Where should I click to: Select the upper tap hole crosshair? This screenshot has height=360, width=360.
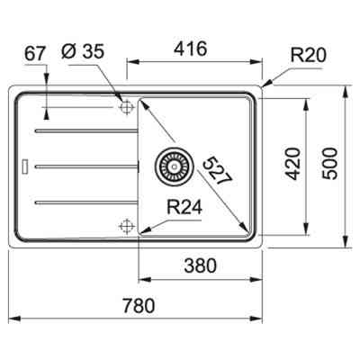(x=125, y=107)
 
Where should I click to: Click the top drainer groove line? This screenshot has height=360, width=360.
(x=83, y=131)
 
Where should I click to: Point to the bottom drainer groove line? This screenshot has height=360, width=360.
(x=83, y=200)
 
